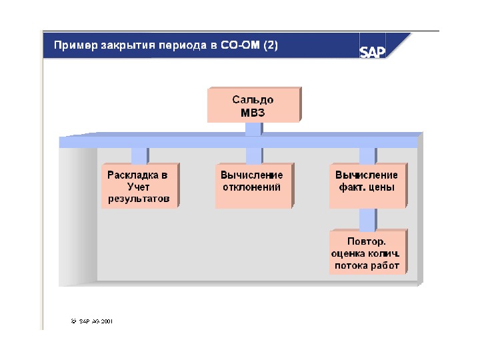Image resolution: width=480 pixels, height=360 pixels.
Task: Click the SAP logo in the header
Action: pyautogui.click(x=373, y=51)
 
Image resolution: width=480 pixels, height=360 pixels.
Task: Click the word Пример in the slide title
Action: pyautogui.click(x=75, y=47)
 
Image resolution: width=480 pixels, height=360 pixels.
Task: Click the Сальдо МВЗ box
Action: pyautogui.click(x=253, y=105)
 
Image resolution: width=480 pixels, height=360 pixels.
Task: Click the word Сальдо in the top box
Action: pyautogui.click(x=253, y=100)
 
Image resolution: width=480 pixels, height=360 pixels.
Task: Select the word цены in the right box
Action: pyautogui.click(x=383, y=187)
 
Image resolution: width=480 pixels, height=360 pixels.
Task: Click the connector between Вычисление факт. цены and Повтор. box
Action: pyautogui.click(x=367, y=219)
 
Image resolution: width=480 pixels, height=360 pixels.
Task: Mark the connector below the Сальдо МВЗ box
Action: pyautogui.click(x=253, y=129)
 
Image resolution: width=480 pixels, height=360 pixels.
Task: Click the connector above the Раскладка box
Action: pyautogui.click(x=139, y=155)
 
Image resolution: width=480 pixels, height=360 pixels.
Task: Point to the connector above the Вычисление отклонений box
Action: pyautogui.click(x=253, y=155)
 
